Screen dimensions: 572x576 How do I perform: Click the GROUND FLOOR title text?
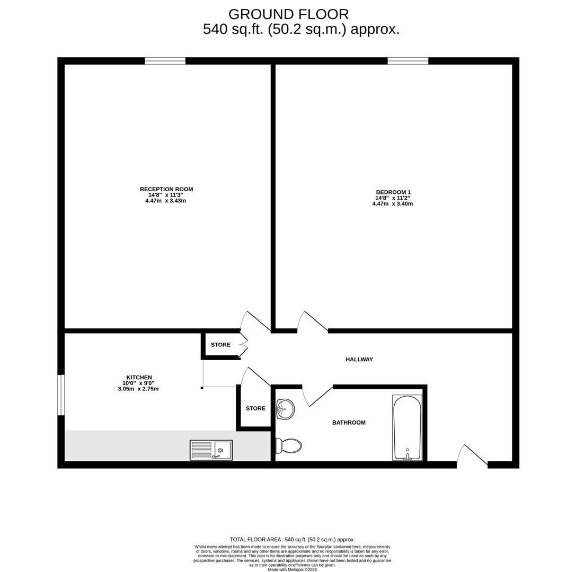(288, 14)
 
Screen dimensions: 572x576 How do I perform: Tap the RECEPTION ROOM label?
(166, 189)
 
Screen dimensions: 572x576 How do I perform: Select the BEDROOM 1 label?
(393, 192)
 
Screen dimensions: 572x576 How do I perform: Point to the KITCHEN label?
(139, 378)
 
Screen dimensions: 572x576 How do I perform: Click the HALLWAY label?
(359, 360)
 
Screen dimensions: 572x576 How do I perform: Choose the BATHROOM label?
(349, 423)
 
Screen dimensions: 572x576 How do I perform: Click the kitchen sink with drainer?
(211, 450)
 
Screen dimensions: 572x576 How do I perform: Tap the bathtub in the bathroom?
(407, 427)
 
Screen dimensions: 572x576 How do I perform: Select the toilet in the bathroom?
(288, 446)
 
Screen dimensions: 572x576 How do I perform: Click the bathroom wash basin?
(285, 409)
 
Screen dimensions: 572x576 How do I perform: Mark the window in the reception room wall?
(165, 61)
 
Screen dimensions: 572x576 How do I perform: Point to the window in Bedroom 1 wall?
(407, 61)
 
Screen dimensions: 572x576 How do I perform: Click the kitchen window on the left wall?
(61, 395)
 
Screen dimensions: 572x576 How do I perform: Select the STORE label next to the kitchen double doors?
(220, 345)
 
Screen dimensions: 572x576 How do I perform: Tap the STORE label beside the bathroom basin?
(255, 408)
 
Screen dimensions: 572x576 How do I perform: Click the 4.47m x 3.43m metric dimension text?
(165, 201)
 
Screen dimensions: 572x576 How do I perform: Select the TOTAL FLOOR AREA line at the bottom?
(292, 540)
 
